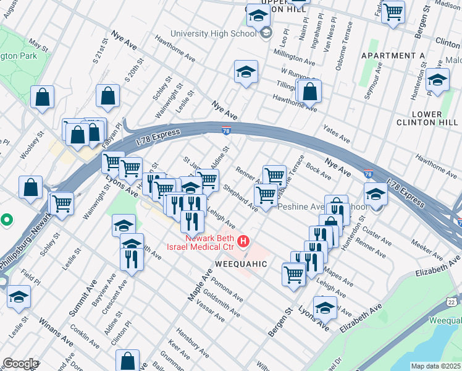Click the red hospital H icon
(245, 241)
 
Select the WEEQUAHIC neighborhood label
(240, 264)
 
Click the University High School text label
(213, 33)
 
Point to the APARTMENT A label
(393, 56)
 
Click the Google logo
(20, 364)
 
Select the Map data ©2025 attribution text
(435, 366)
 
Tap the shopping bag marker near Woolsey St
(31, 187)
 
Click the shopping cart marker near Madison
(393, 12)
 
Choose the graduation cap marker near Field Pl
(19, 297)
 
